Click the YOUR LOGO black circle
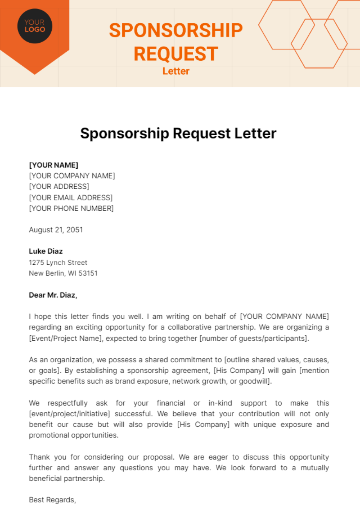click(35, 26)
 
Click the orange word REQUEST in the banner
click(176, 54)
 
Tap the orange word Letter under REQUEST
click(176, 71)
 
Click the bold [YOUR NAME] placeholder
click(53, 165)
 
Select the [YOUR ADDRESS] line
click(59, 187)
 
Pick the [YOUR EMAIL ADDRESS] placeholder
click(71, 198)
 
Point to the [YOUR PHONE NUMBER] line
click(71, 208)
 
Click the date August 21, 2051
click(56, 230)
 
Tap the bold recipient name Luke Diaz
click(46, 251)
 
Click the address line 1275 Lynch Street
click(58, 262)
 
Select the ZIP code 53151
click(88, 273)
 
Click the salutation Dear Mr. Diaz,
click(53, 295)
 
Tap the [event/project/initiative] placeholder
click(69, 414)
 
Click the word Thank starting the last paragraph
click(39, 457)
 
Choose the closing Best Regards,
click(52, 500)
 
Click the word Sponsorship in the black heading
click(124, 133)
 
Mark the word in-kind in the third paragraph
click(220, 403)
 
